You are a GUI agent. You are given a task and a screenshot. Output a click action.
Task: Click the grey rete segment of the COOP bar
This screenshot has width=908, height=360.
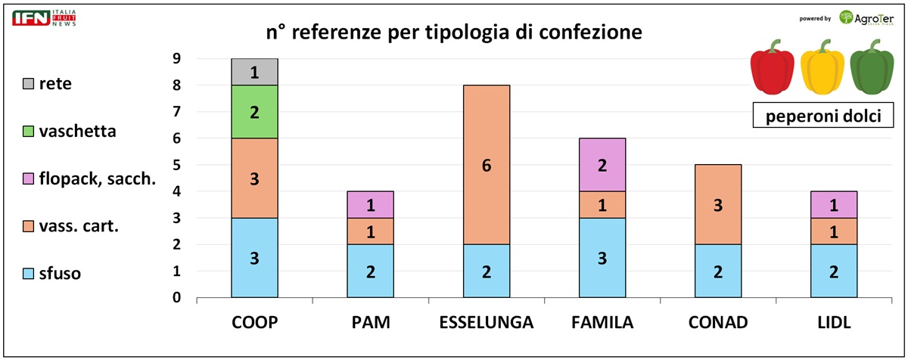coord(254,72)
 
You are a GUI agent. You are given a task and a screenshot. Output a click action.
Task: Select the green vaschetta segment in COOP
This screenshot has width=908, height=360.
coord(254,112)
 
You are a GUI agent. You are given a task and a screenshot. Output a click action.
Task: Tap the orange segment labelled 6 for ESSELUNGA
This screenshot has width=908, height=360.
coord(487,165)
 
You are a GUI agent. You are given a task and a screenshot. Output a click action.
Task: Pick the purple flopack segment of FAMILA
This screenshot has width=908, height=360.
coord(603,165)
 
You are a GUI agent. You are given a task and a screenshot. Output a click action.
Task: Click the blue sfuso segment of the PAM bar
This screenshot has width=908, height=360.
coord(371,271)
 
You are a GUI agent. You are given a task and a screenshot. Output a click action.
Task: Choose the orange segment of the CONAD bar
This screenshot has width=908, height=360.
coord(718,204)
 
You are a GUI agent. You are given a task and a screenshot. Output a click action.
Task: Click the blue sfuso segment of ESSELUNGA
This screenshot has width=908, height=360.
coord(487,271)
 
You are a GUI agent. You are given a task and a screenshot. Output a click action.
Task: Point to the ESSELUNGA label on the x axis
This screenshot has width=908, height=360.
coord(487,323)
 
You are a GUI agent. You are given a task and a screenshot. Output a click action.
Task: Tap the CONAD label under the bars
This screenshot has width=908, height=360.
coord(718,323)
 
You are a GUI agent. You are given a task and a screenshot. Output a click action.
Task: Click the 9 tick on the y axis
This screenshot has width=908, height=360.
coord(176,59)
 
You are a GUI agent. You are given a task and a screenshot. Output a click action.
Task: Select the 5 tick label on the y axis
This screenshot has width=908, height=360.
coord(176,165)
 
